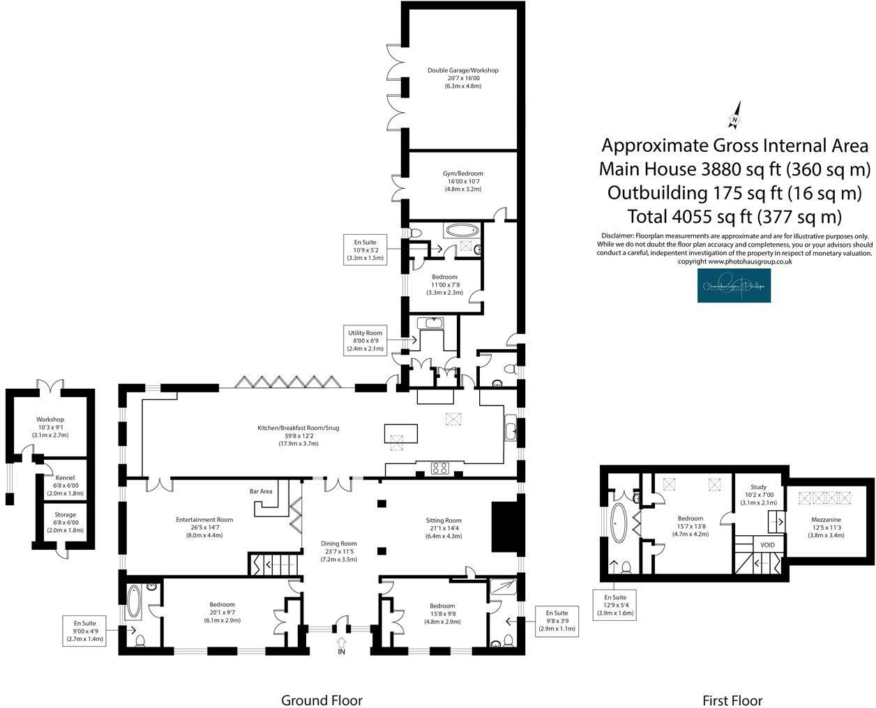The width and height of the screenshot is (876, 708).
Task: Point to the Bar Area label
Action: [x=261, y=491]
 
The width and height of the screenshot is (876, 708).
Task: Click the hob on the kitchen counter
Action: [x=440, y=468]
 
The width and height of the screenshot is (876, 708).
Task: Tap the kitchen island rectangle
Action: [x=401, y=433]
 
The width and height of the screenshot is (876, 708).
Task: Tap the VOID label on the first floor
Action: [x=767, y=545]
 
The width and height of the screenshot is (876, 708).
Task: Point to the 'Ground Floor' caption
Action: [x=322, y=700]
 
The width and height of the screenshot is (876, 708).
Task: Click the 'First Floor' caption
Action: [x=732, y=700]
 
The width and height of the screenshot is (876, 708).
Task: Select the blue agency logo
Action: [x=734, y=286]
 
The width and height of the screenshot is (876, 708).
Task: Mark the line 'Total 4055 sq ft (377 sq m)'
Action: [x=734, y=216]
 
